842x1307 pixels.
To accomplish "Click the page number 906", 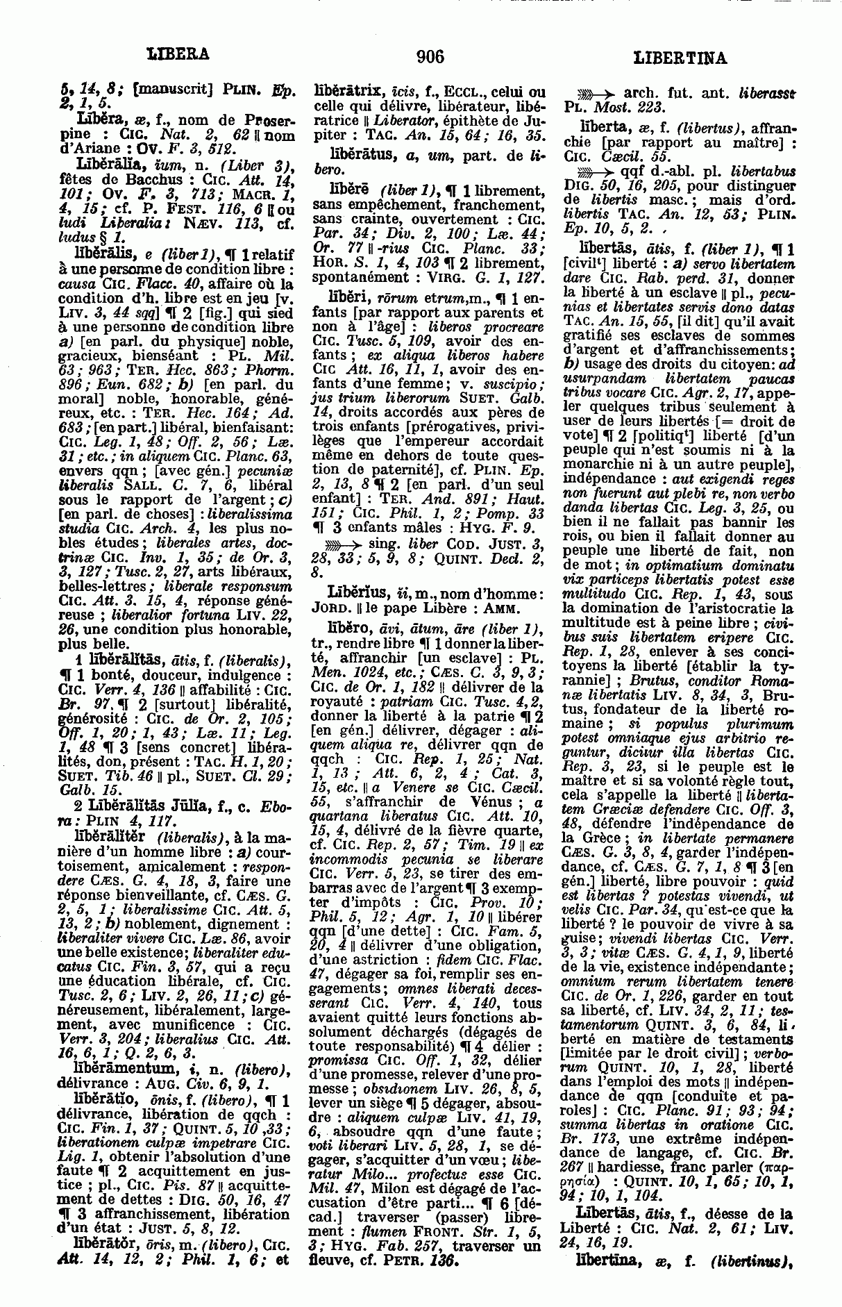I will [430, 57].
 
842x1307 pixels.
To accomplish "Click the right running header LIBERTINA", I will [680, 58].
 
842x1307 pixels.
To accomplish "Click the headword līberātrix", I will [347, 90].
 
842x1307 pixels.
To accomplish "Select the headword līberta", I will [601, 126].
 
